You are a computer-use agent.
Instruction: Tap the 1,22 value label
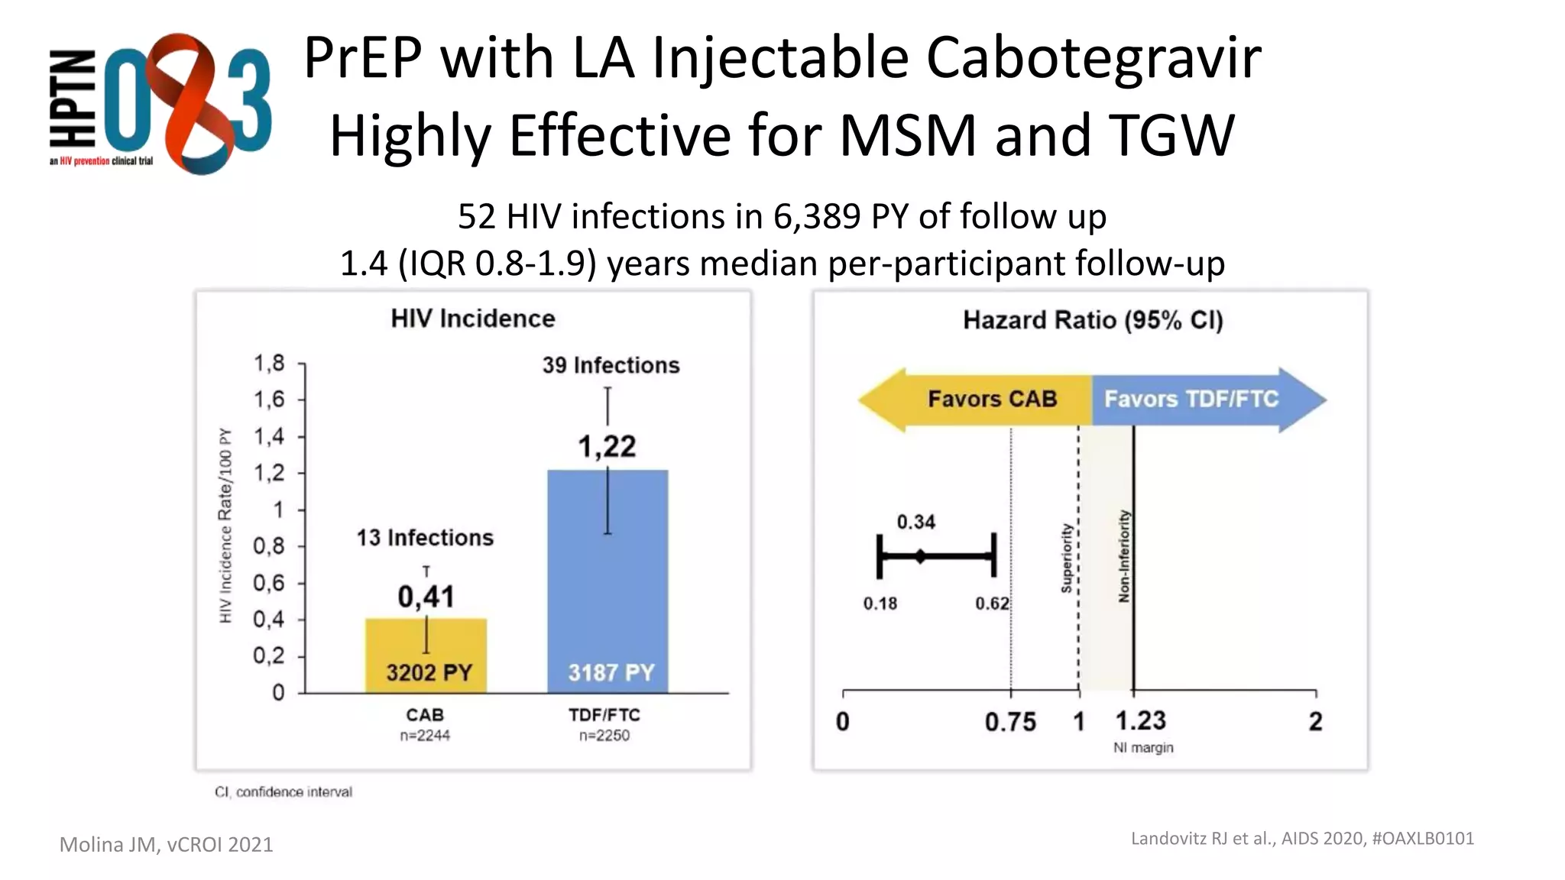[607, 446]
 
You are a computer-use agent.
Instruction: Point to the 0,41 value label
[426, 597]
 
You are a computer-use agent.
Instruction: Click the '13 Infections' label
[425, 538]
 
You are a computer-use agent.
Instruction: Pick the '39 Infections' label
[611, 365]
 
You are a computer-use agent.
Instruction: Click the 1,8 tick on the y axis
[269, 363]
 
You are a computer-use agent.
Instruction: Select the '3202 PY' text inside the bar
[429, 673]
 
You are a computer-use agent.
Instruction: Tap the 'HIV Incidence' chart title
[473, 319]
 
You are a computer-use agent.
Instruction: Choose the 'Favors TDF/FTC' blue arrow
[1200, 399]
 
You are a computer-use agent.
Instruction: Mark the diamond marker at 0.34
[920, 556]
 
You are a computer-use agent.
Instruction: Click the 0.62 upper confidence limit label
[992, 603]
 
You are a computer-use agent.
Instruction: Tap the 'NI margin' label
[1142, 747]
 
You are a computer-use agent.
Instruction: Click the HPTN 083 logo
[160, 103]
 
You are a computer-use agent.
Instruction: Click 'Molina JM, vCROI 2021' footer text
[166, 844]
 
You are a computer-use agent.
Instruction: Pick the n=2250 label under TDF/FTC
[604, 736]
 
